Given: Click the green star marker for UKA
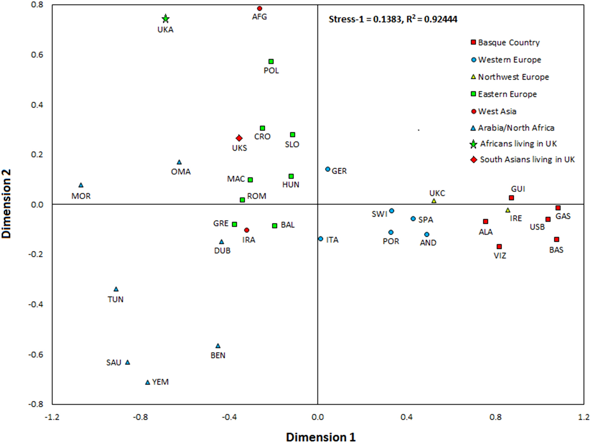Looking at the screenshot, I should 165,19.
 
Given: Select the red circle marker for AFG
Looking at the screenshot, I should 260,9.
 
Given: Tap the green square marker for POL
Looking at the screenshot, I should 271,61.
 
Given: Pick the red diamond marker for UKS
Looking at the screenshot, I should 239,138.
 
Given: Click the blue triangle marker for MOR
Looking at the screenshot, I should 81,185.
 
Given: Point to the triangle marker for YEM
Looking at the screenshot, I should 147,383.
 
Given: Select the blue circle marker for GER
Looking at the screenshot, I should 328,169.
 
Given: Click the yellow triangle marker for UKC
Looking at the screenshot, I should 434,201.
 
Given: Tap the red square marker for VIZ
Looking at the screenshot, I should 499,247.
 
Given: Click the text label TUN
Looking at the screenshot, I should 116,299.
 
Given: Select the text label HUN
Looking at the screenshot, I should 290,184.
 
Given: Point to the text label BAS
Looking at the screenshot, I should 556,250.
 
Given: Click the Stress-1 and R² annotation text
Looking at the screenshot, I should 393,19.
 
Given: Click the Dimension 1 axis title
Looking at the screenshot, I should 321,437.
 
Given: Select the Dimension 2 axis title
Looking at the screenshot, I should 6,204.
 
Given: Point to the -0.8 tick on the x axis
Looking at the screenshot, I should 141,417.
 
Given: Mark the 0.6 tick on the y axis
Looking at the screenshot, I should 37,55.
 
